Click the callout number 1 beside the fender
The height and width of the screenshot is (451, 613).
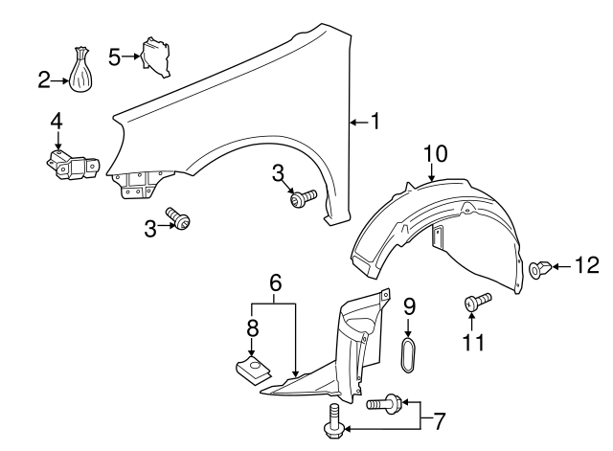pos(375,121)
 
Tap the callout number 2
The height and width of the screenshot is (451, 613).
pos(43,80)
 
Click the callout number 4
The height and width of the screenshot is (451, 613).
pos(57,122)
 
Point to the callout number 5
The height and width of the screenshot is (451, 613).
pos(114,57)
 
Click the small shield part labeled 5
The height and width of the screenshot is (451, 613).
pos(155,55)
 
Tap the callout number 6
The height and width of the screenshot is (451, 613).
pos(275,282)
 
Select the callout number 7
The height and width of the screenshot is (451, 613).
pos(440,419)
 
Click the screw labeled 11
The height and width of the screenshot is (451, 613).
pos(476,301)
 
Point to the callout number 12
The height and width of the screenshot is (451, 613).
pos(585,264)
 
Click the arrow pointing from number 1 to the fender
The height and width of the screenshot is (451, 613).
pos(357,122)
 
